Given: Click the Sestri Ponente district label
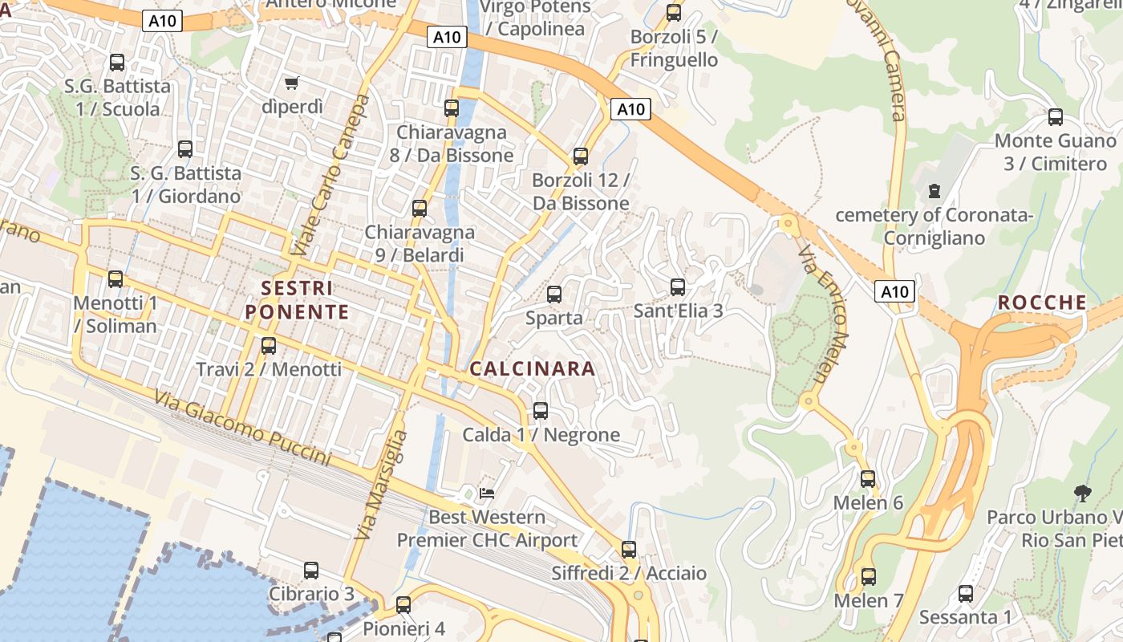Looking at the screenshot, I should [x=297, y=300].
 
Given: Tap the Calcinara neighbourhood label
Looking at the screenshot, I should [x=533, y=369].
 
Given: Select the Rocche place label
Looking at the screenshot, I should [x=1042, y=303].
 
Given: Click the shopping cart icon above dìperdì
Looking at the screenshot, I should [x=292, y=83].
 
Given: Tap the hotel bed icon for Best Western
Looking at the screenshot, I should [x=487, y=493].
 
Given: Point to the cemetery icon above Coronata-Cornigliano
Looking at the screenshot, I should [x=934, y=191].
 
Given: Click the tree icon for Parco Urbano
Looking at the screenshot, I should [x=1082, y=493].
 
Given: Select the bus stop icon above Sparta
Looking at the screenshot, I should [x=553, y=294].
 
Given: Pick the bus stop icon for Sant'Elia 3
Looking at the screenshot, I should [x=678, y=286].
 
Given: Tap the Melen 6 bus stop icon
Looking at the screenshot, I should [x=868, y=479].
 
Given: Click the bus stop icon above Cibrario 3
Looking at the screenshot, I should [x=311, y=571].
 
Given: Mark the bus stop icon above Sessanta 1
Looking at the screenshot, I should [x=966, y=594].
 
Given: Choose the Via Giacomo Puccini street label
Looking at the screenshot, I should [x=242, y=429].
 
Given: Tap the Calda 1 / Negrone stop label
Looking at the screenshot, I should [x=541, y=435].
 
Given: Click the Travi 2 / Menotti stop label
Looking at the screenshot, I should [x=269, y=370].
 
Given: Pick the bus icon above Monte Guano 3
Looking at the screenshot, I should [x=1055, y=117].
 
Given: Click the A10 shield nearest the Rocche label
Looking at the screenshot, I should [x=894, y=291].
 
